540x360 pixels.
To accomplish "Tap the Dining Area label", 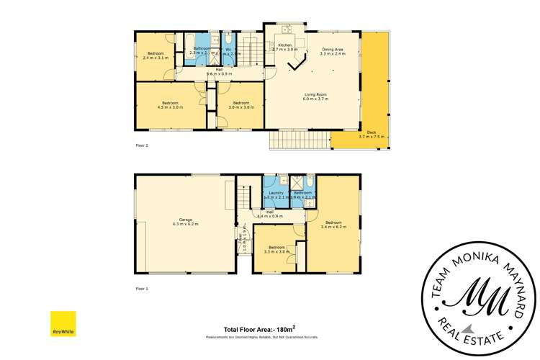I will click(333, 50).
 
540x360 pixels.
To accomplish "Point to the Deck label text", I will click(372, 134).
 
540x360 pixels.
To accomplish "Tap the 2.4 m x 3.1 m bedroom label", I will click(156, 55).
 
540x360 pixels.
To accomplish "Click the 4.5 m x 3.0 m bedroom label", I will click(171, 105).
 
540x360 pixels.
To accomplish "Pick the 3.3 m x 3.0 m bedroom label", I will click(276, 249).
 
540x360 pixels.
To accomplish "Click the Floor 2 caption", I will click(142, 145).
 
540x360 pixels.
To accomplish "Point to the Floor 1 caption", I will click(142, 288).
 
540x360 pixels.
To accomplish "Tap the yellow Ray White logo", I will click(63, 324).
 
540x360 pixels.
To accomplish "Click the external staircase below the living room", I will click(300, 140).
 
